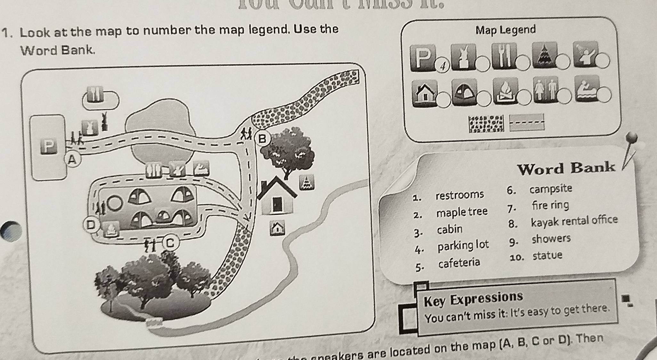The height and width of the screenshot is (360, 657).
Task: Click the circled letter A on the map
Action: [x=73, y=159]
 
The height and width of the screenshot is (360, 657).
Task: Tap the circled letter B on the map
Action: [x=262, y=139]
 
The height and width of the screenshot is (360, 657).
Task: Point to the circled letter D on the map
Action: [x=91, y=225]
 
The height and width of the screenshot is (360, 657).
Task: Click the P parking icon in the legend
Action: [x=423, y=57]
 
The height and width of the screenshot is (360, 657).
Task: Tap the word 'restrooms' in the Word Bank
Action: [x=459, y=195]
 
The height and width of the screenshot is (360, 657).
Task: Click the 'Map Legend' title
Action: [x=505, y=30]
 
